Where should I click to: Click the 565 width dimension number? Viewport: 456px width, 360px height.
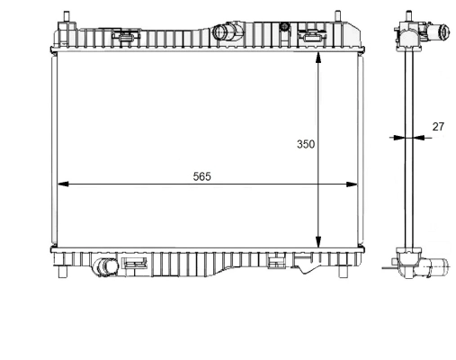pos(201,175)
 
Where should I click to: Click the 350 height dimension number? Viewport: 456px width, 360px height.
pos(306,144)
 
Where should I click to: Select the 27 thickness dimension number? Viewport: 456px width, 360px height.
pos(438,127)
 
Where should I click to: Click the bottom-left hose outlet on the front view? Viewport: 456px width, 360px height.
pos(107,267)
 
